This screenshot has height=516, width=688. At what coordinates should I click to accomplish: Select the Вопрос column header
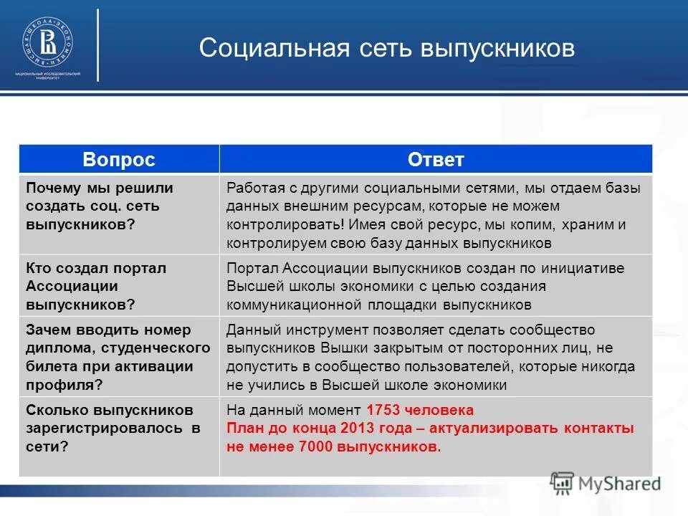click(x=118, y=160)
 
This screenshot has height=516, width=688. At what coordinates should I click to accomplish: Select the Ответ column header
click(x=436, y=160)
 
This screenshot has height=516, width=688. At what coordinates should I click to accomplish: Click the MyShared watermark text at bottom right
click(x=618, y=483)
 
